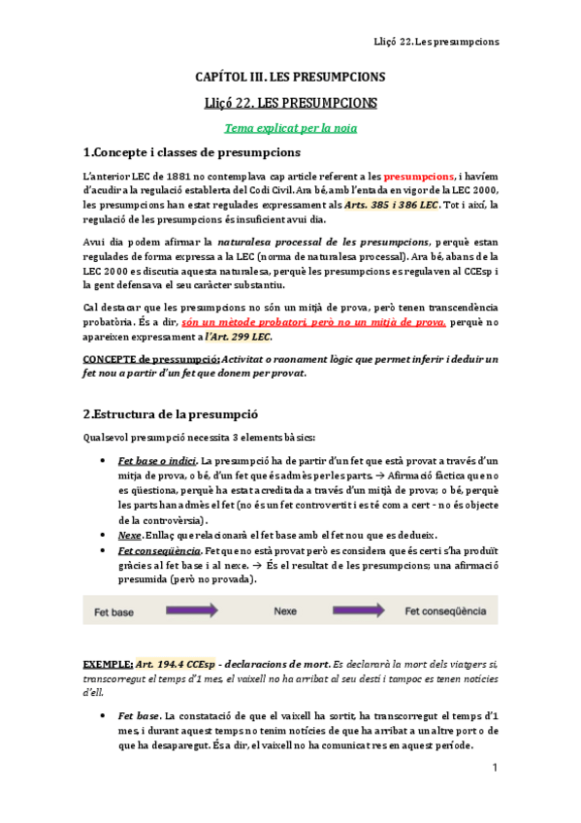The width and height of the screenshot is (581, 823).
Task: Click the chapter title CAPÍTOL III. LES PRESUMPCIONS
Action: click(290, 77)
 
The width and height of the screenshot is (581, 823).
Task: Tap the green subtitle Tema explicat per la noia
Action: click(290, 127)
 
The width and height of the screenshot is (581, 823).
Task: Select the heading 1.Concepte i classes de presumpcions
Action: click(192, 152)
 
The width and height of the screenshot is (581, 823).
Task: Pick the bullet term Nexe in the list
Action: click(128, 535)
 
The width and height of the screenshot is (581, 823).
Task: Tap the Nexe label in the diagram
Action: click(285, 611)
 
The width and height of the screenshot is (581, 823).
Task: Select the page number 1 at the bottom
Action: click(494, 768)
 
